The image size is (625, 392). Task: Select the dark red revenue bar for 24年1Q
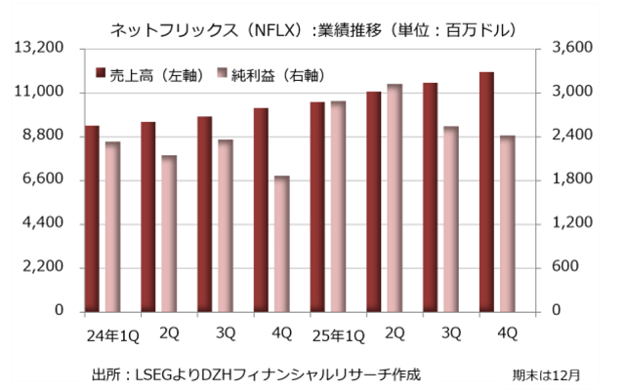pyautogui.click(x=92, y=218)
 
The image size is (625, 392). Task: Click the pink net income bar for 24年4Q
pyautogui.click(x=281, y=244)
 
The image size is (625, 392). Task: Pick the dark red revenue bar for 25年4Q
pyautogui.click(x=486, y=191)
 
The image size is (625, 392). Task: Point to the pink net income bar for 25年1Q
pyautogui.click(x=338, y=206)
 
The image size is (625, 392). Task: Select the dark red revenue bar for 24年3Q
pyautogui.click(x=205, y=214)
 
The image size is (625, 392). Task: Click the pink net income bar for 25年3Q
pyautogui.click(x=450, y=218)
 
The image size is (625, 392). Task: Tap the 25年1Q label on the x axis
pyautogui.click(x=338, y=336)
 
